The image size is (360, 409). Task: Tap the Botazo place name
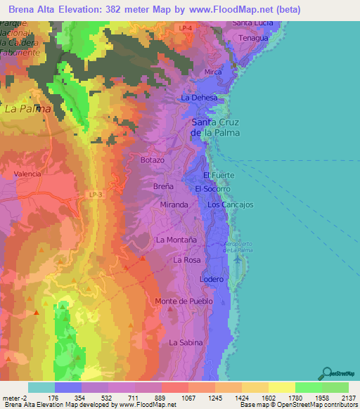click(x=152, y=160)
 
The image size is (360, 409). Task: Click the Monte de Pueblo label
click(x=184, y=301)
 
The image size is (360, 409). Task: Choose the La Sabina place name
click(x=186, y=342)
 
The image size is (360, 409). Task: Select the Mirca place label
click(x=213, y=72)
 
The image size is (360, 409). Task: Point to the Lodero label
click(x=212, y=279)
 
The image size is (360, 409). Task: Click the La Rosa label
click(x=187, y=260)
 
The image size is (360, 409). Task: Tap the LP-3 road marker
click(x=96, y=194)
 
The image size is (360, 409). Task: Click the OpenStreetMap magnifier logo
click(x=326, y=372)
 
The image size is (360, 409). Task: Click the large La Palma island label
click(x=27, y=109)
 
